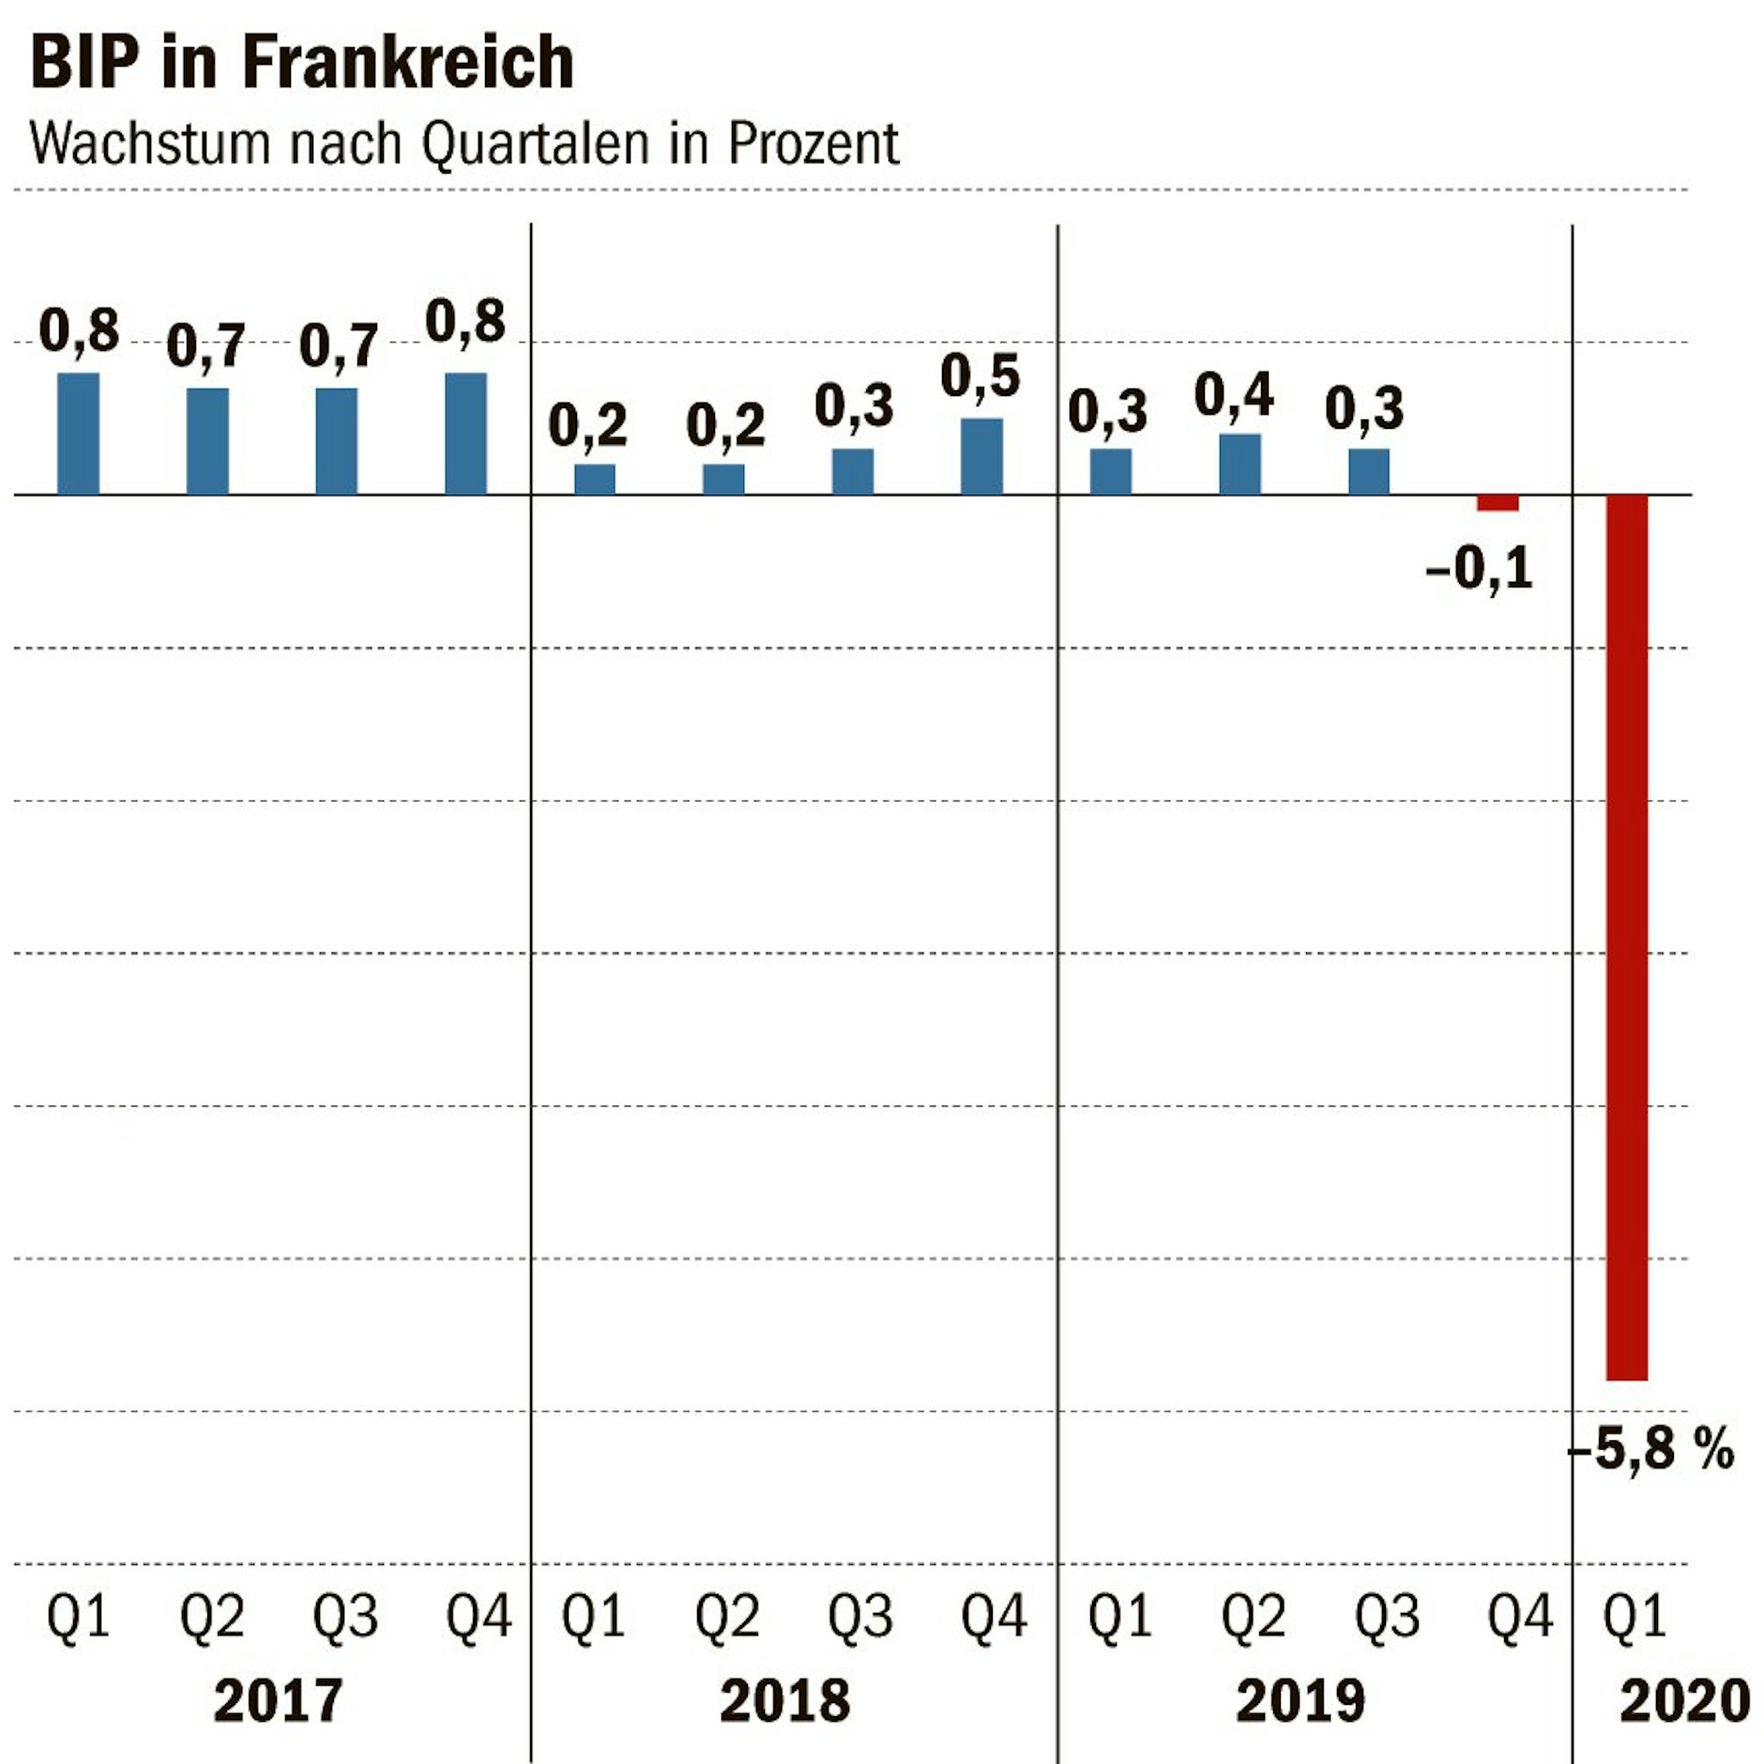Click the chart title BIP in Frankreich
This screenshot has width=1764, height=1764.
click(x=301, y=63)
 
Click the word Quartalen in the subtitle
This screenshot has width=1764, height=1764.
click(x=535, y=144)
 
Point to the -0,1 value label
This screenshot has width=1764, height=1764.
click(x=1479, y=568)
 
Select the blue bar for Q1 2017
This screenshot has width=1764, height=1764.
click(x=78, y=433)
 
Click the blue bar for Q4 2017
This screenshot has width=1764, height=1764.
click(x=465, y=433)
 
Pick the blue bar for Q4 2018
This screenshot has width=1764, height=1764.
click(x=981, y=456)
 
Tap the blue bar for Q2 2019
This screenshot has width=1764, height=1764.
click(x=1239, y=464)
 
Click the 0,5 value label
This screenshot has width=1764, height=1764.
click(x=980, y=376)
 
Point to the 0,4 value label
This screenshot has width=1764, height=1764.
click(x=1233, y=394)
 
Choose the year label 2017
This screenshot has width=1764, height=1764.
click(x=278, y=1701)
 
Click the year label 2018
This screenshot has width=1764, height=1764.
click(x=784, y=1701)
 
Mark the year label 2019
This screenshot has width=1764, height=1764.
click(x=1300, y=1701)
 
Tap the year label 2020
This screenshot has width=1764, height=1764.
click(x=1684, y=1701)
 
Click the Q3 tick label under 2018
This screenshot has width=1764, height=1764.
click(x=859, y=1617)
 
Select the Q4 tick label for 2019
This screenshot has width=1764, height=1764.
click(x=1519, y=1617)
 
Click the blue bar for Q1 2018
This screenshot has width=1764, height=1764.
click(x=594, y=479)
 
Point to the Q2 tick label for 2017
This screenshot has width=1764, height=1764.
click(x=211, y=1617)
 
